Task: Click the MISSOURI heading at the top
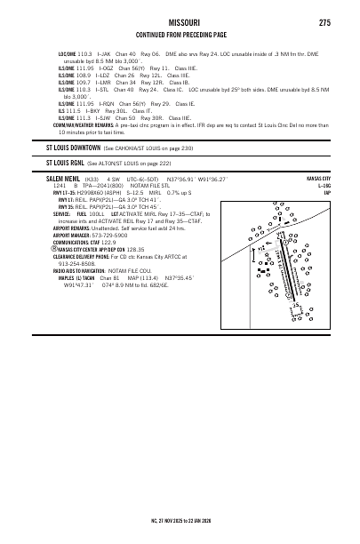(x=180, y=22)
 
